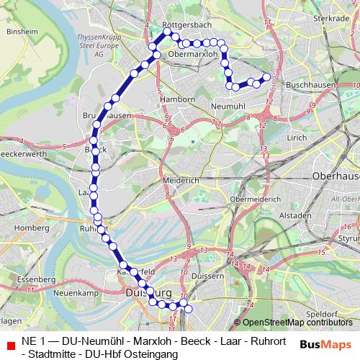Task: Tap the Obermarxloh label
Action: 192,53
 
